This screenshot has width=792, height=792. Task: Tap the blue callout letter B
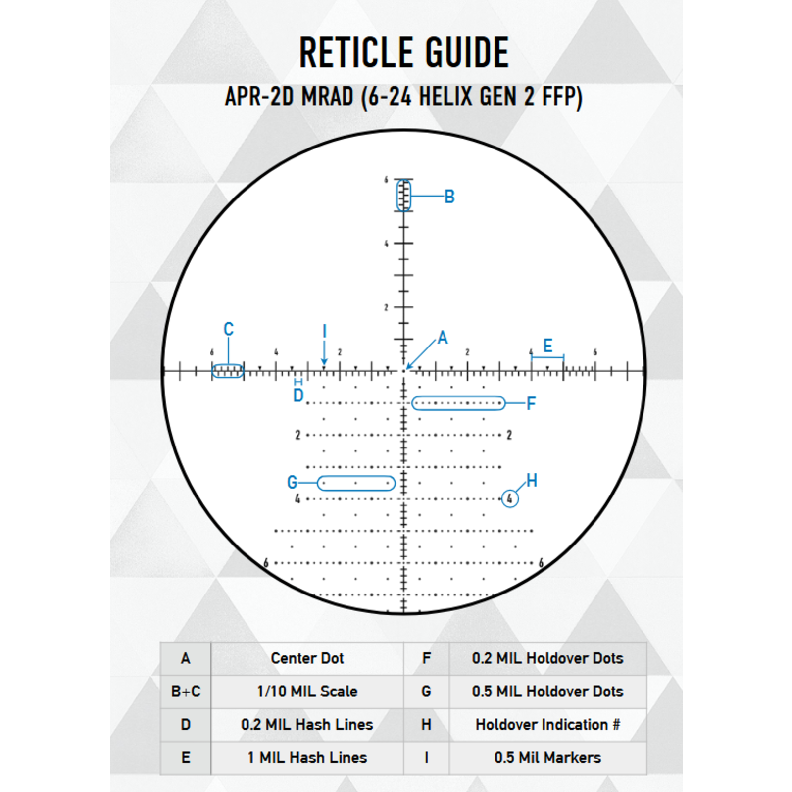[x=449, y=197]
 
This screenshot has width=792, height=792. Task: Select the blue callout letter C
[x=228, y=329]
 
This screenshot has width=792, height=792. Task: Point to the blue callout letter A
[x=443, y=338]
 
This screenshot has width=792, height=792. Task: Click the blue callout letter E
[x=547, y=346]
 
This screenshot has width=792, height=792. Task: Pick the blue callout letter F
[x=531, y=403]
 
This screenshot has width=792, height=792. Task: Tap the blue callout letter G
[x=292, y=482]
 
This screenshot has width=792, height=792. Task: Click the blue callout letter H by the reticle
[x=532, y=480]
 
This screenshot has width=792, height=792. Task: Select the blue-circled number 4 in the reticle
[x=510, y=498]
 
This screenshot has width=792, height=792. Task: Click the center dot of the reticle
[x=404, y=370]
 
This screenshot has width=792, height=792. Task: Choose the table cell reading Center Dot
[x=307, y=658]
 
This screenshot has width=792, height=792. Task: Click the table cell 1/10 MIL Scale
[x=307, y=692]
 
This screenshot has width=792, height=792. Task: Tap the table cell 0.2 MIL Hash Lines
[x=307, y=725]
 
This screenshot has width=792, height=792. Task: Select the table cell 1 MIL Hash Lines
[x=307, y=758]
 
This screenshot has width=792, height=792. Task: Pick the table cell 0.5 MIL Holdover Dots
[x=547, y=692]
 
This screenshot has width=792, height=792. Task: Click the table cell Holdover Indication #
[x=547, y=725]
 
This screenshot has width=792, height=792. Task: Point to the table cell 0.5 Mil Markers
[x=547, y=758]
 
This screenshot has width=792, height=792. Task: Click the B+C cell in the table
[x=186, y=692]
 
